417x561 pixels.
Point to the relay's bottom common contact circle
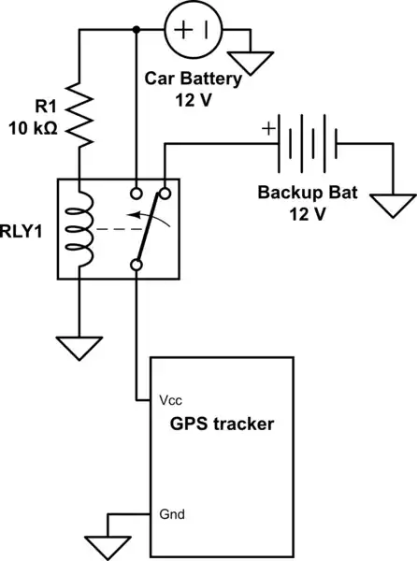[x=137, y=266]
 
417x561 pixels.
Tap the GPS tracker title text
[x=222, y=424]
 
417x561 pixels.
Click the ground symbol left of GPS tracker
[x=106, y=543]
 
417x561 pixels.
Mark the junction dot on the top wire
[x=137, y=30]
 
